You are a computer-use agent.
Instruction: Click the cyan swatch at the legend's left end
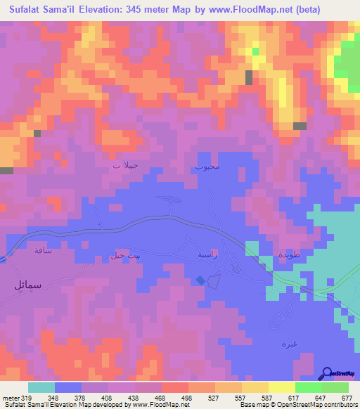coord(41,387)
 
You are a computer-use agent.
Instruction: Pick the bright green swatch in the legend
coord(309,387)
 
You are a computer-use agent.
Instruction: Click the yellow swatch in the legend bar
coord(282,387)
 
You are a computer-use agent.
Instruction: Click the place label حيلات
coord(127,166)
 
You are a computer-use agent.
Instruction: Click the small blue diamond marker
coord(200,280)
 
